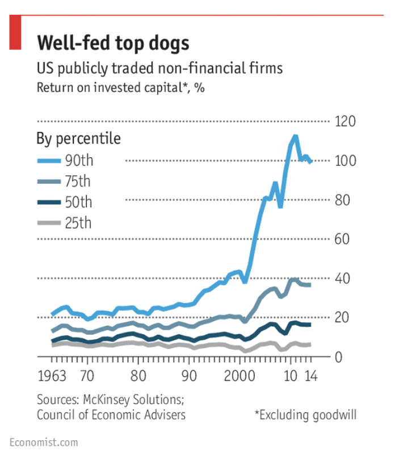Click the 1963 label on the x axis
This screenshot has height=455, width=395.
[50, 376]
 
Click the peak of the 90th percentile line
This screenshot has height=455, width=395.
[295, 136]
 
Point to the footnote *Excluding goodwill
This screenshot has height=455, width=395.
[305, 415]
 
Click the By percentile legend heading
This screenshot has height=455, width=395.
[78, 138]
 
